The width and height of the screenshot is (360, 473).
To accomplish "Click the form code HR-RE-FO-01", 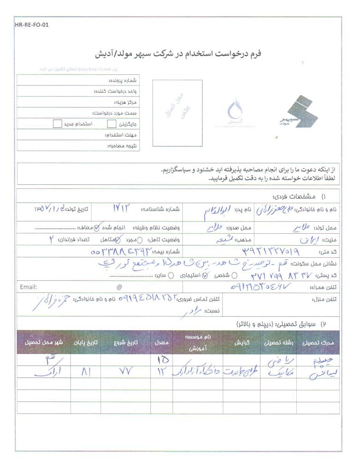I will (x=31, y=25).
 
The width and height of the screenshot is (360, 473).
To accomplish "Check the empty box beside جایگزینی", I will (x=111, y=124).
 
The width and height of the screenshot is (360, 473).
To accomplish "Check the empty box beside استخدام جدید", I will (x=57, y=124).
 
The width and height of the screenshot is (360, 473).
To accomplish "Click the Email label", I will (x=29, y=287).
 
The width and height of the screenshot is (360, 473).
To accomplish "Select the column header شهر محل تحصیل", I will (x=44, y=343).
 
